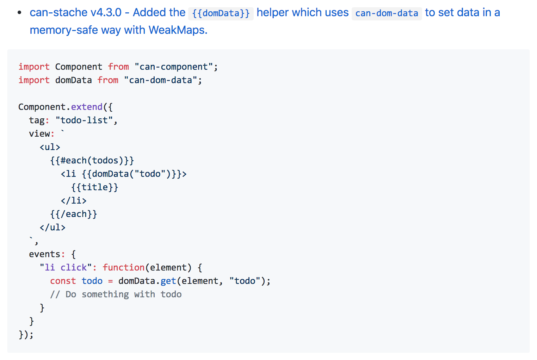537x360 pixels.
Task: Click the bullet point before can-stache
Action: [20, 12]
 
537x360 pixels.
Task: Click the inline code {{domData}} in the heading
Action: [221, 13]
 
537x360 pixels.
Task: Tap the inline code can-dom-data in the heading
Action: [387, 13]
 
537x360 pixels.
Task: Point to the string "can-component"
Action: [174, 67]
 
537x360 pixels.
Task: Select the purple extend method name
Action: [87, 107]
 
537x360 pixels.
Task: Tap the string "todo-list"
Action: [84, 120]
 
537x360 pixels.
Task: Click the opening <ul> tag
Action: [50, 147]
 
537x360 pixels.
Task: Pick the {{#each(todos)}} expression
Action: [92, 161]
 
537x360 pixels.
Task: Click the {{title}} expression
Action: [95, 187]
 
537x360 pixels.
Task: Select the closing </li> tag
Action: [74, 201]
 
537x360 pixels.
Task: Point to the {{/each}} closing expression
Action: [74, 214]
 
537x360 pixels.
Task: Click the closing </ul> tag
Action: [53, 228]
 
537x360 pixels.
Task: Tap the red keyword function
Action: [123, 267]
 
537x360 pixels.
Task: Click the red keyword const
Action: [63, 281]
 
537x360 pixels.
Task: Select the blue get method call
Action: [168, 281]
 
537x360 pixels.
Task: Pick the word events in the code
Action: [45, 254]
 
